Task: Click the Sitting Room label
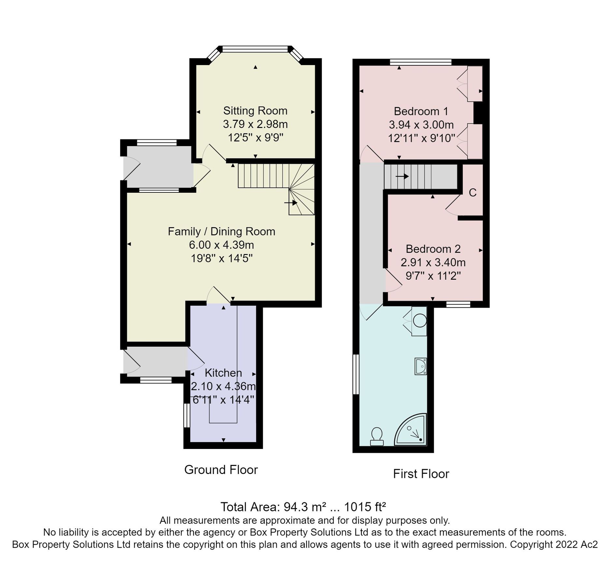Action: click(x=255, y=111)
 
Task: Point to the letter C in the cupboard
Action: click(x=472, y=193)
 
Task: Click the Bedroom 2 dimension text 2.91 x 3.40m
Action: click(x=433, y=262)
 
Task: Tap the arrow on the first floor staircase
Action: click(x=402, y=176)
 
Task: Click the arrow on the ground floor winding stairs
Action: click(x=291, y=203)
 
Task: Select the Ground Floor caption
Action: click(x=221, y=470)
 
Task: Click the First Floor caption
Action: click(x=421, y=474)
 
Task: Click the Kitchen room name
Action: click(x=223, y=373)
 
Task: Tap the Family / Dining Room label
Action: click(x=221, y=231)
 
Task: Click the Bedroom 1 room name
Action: click(x=421, y=111)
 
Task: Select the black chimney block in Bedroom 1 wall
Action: click(x=478, y=113)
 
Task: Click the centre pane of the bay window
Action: click(x=255, y=49)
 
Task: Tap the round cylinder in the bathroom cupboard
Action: click(x=420, y=320)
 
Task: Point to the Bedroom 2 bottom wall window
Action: click(x=458, y=304)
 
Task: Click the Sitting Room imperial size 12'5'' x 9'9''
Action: click(x=255, y=138)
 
